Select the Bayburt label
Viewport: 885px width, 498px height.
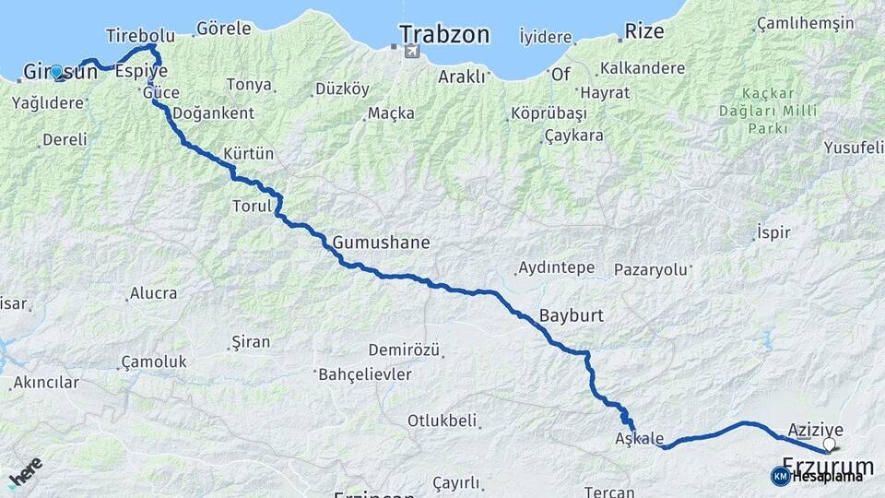coord(572,315)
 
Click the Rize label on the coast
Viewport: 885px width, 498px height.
coord(644,31)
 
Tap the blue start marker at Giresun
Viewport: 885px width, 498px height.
coord(57,72)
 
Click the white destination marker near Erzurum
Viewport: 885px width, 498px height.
coord(829,444)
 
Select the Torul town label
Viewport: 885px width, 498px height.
coord(252,207)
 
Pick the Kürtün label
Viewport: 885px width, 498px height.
coord(249,154)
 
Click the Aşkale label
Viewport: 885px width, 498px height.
coord(639,439)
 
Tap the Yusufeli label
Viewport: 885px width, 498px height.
coord(853,148)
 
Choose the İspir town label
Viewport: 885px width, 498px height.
coord(773,232)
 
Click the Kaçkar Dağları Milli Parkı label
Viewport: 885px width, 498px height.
coord(765,111)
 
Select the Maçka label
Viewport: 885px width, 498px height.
coord(391,113)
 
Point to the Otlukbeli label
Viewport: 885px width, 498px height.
coord(443,421)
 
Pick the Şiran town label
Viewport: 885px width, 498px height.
coord(250,342)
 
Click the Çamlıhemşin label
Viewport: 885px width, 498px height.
coord(805,23)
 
